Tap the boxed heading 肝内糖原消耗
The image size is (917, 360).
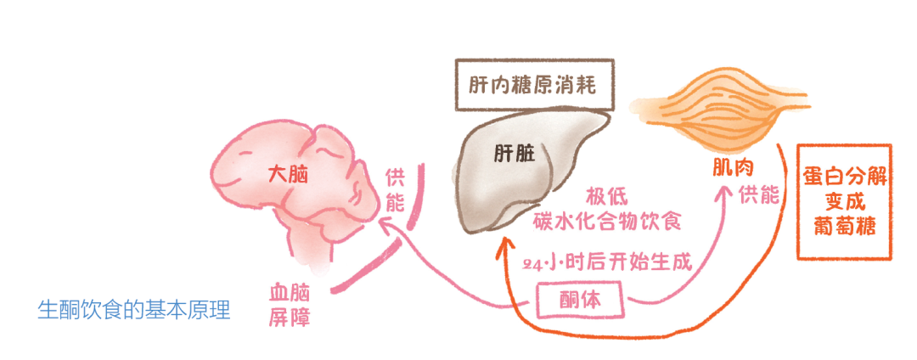click(532, 85)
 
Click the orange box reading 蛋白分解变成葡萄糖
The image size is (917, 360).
click(844, 202)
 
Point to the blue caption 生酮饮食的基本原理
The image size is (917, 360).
click(135, 309)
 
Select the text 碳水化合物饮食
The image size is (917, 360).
click(609, 221)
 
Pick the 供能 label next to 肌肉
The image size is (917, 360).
click(757, 195)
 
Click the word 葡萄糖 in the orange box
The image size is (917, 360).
click(844, 228)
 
